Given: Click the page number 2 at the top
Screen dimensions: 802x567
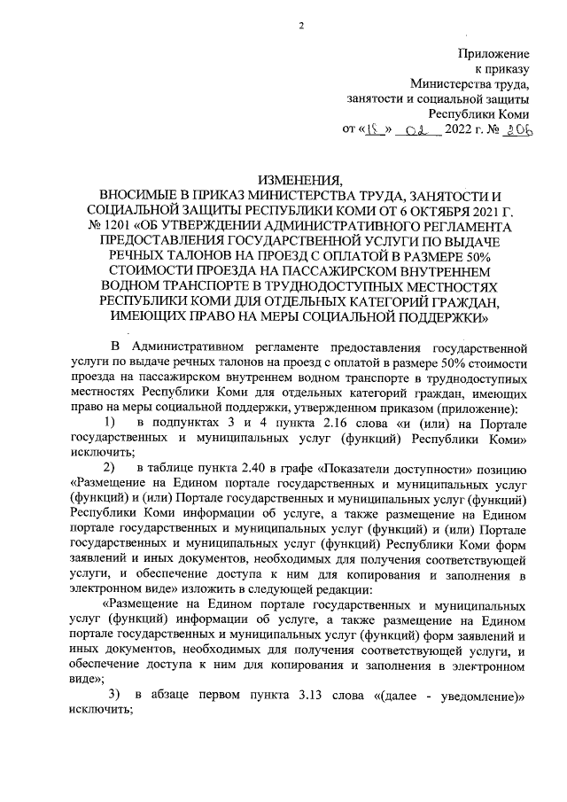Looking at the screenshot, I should (301, 25).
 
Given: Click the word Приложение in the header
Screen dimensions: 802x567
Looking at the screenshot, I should (493, 53).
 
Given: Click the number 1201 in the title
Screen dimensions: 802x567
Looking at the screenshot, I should (114, 223).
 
